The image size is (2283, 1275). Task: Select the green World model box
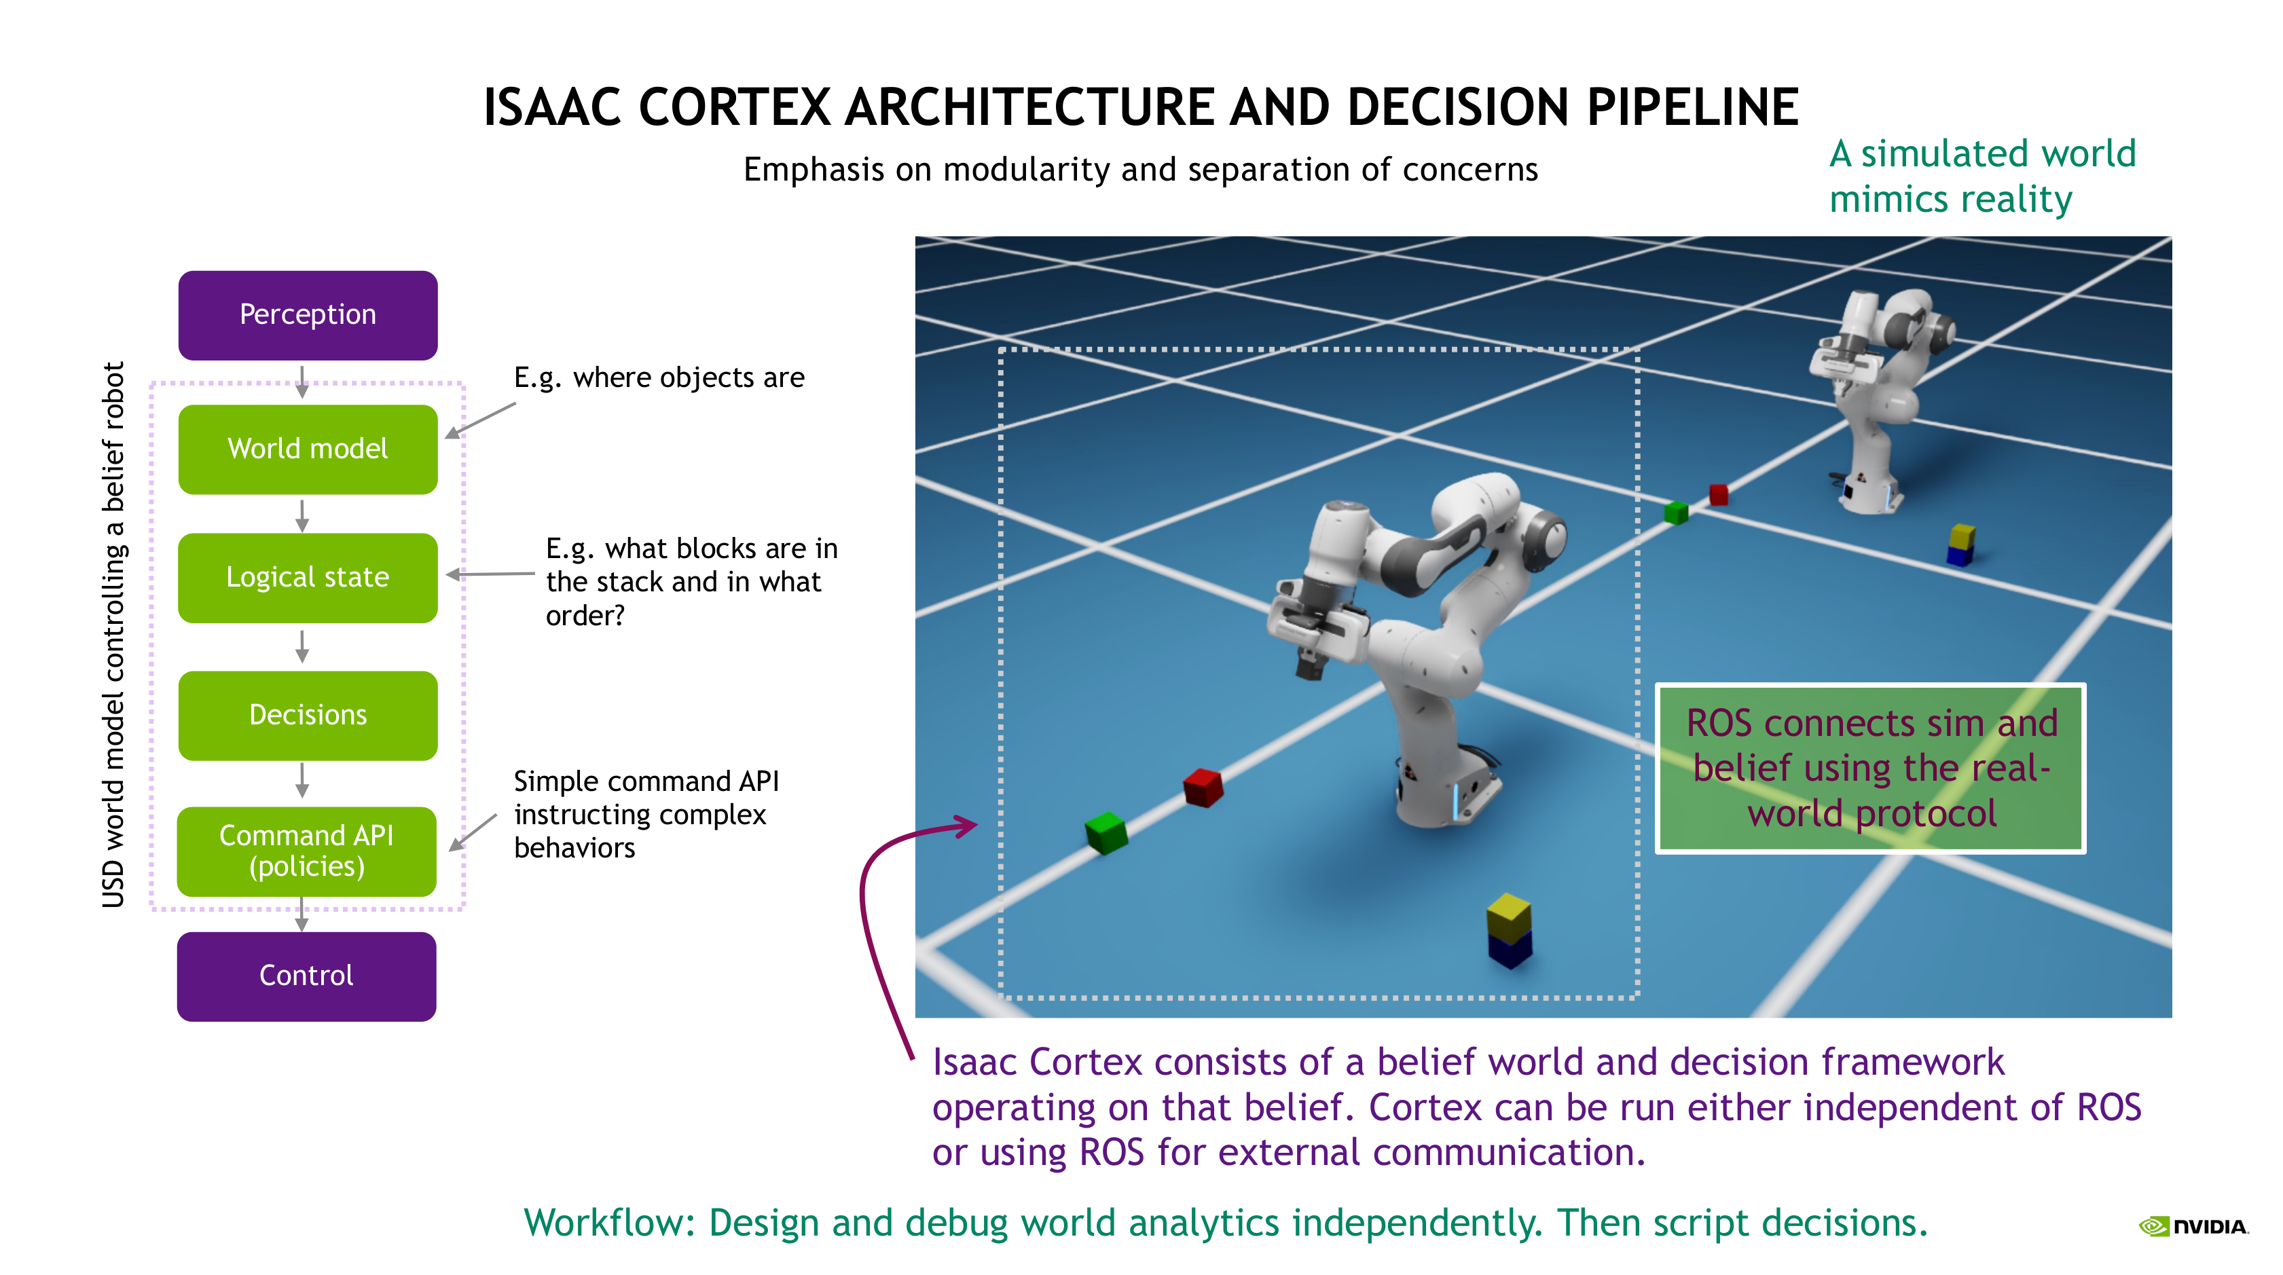(308, 449)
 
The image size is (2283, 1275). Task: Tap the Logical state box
(308, 578)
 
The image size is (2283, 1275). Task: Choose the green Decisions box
(308, 715)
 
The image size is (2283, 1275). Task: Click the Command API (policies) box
(307, 851)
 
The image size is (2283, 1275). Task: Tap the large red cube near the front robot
(1203, 787)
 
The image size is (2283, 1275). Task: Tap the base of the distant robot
(1871, 496)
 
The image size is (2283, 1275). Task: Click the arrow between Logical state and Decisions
(302, 647)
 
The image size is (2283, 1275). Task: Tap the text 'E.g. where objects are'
(659, 377)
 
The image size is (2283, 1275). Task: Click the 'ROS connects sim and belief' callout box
(1870, 768)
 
